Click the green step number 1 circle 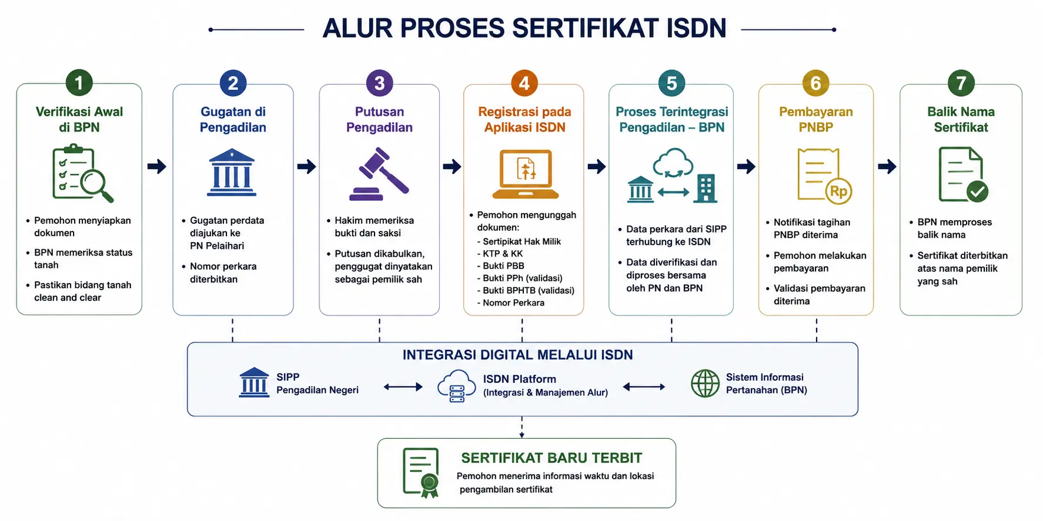click(x=79, y=83)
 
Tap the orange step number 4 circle click(x=524, y=83)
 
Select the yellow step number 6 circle click(x=815, y=83)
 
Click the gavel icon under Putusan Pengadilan click(x=379, y=174)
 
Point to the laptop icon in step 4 click(x=525, y=174)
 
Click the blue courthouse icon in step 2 click(x=232, y=173)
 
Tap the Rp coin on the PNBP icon click(x=838, y=191)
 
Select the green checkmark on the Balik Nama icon click(x=977, y=191)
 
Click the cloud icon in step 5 click(x=673, y=163)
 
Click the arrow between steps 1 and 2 click(x=157, y=166)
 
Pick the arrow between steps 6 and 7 click(x=887, y=166)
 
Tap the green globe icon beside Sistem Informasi click(x=705, y=384)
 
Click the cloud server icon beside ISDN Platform click(x=457, y=386)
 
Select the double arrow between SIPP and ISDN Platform click(x=403, y=386)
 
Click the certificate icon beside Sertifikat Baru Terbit click(x=421, y=473)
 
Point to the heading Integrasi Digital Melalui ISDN click(x=517, y=355)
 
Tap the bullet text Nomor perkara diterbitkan click(x=223, y=273)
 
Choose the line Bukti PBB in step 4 click(x=503, y=265)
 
